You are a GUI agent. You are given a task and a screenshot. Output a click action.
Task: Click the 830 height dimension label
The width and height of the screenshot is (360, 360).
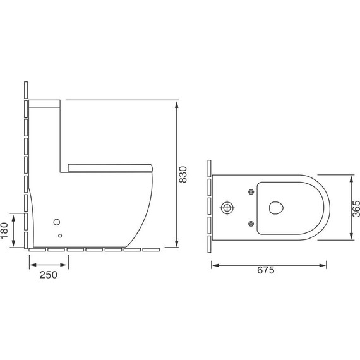click(183, 174)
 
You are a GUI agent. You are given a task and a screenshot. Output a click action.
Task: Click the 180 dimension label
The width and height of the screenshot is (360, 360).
click(4, 231)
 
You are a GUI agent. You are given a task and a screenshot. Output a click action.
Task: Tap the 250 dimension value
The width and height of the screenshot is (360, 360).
click(49, 275)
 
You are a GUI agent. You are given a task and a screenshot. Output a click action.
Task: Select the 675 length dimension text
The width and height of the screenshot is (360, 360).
click(266, 270)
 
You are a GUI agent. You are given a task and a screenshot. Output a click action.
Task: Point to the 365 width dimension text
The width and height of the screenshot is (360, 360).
click(356, 208)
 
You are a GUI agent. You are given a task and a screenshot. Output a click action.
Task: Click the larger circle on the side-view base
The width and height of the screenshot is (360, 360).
click(57, 222)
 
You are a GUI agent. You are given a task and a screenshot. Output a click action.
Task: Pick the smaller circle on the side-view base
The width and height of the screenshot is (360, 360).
click(60, 236)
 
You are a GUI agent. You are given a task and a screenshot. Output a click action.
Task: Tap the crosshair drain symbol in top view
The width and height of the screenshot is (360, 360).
click(227, 208)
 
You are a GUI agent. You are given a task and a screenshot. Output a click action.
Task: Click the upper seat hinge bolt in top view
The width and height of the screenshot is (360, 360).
click(251, 192)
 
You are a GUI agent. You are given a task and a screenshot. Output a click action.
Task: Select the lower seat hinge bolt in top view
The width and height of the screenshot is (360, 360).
click(251, 224)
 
